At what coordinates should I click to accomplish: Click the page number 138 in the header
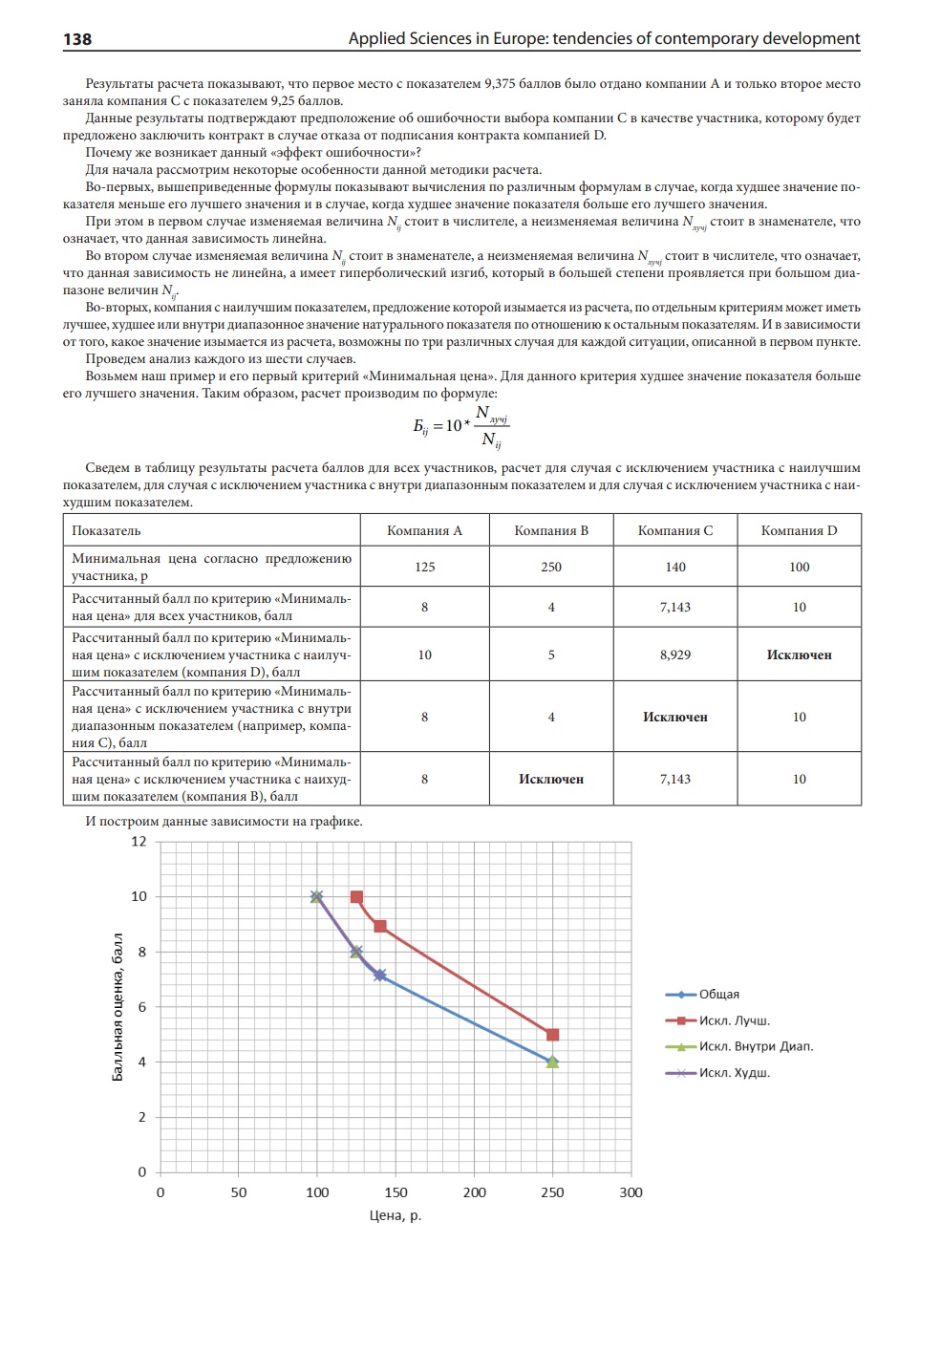click(77, 39)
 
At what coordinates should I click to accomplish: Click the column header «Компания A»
click(424, 530)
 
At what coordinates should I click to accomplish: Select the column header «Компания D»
click(799, 530)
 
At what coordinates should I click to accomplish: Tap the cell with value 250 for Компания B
click(551, 567)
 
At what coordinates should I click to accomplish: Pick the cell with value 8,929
click(675, 655)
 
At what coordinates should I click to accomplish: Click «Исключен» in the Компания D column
click(799, 655)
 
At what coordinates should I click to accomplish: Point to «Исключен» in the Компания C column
click(675, 717)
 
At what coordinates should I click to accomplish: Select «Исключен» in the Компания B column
click(551, 779)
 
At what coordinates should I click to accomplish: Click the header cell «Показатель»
click(106, 530)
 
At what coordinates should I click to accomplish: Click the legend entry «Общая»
click(718, 995)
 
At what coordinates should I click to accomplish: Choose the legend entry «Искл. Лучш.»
click(734, 1020)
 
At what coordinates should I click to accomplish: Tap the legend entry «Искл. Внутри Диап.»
click(756, 1046)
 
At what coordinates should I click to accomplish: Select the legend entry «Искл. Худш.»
click(734, 1073)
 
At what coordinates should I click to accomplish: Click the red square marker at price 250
click(552, 1035)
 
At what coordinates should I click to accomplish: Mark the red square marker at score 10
click(356, 897)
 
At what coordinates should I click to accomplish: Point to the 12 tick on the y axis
click(139, 842)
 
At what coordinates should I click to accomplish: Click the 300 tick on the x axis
click(631, 1192)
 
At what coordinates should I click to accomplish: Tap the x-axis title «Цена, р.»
click(396, 1215)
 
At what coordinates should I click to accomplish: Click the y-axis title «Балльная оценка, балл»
click(118, 1007)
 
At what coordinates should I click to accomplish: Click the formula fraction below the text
click(461, 425)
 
